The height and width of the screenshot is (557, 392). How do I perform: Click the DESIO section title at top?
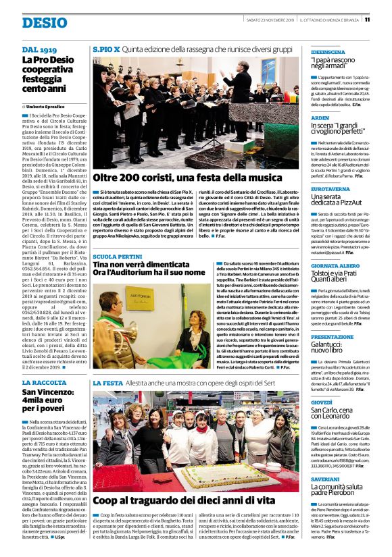click(x=44, y=22)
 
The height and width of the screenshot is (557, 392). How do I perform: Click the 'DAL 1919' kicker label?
click(x=39, y=50)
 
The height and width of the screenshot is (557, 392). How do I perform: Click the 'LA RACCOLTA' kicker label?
click(x=44, y=383)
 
